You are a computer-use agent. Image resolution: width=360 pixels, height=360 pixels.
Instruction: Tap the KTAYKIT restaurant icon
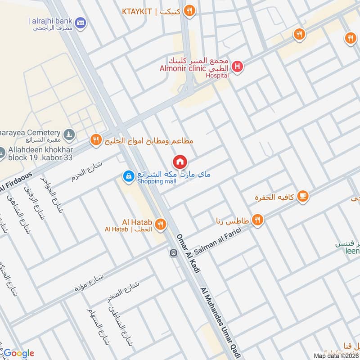[189, 11]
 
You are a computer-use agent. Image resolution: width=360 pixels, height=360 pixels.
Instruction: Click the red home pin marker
[180, 162]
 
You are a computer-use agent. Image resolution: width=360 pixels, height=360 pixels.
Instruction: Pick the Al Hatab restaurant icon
[160, 224]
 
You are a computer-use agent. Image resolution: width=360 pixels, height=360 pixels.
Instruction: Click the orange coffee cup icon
[303, 195]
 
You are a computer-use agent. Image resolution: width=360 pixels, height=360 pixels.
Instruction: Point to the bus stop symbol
[173, 253]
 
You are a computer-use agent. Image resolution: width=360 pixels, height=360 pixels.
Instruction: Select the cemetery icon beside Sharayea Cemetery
[68, 134]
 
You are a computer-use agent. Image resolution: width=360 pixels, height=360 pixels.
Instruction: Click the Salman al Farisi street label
[217, 241]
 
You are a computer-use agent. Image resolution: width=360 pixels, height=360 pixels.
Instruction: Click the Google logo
[18, 353]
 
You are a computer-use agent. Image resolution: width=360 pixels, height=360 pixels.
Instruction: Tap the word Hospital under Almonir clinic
[217, 76]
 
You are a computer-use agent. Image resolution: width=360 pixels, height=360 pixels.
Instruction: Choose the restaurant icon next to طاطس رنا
[257, 220]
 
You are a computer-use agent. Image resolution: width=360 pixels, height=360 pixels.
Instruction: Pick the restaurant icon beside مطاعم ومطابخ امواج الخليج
[95, 140]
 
